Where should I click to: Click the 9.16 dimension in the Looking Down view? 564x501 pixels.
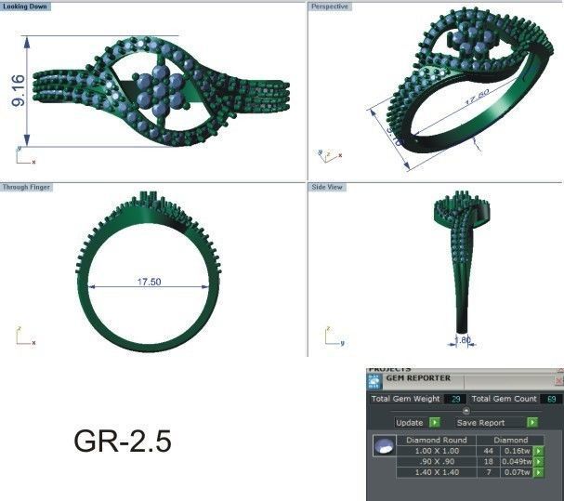click(x=18, y=91)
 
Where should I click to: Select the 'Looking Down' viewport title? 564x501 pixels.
click(x=26, y=6)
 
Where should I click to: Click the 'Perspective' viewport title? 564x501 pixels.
click(x=329, y=6)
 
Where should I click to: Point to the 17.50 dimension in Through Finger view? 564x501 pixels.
click(x=150, y=282)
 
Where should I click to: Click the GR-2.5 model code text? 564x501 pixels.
click(x=123, y=442)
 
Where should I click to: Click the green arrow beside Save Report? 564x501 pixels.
click(x=532, y=422)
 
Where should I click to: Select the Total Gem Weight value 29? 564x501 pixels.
click(x=455, y=399)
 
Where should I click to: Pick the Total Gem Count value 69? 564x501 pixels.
click(x=552, y=399)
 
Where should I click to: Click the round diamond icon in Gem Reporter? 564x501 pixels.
click(x=381, y=448)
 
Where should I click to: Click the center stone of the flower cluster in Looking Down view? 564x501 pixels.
click(x=159, y=90)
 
